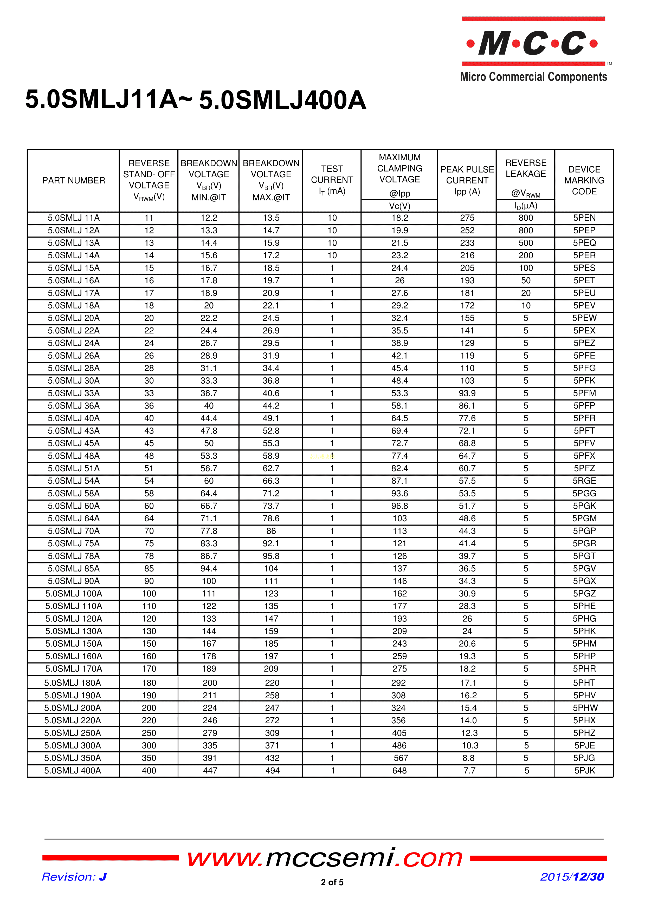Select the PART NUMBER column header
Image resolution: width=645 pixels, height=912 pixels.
point(74,180)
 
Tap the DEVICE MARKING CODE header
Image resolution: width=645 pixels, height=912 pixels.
point(584,180)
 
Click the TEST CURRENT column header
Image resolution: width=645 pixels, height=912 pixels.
point(332,180)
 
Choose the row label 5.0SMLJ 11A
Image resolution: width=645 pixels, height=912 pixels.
point(74,218)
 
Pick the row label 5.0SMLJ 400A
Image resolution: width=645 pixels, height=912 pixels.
point(73,771)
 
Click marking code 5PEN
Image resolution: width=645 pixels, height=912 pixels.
point(584,218)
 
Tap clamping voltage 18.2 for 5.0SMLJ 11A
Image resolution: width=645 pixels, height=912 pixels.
point(399,218)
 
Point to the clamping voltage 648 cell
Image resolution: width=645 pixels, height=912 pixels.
point(399,771)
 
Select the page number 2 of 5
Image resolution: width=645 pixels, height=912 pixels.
point(332,882)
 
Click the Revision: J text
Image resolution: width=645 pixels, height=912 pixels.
point(74,877)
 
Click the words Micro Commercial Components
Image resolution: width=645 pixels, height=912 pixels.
point(533,77)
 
